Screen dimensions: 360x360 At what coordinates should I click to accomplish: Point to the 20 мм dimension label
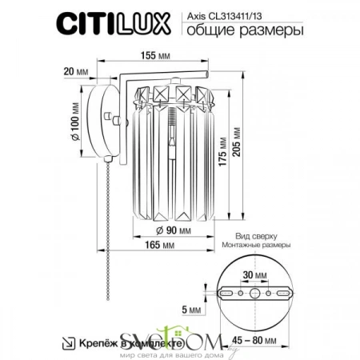coord(77,70)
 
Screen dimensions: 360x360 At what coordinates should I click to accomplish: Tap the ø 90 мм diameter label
coord(173,231)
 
